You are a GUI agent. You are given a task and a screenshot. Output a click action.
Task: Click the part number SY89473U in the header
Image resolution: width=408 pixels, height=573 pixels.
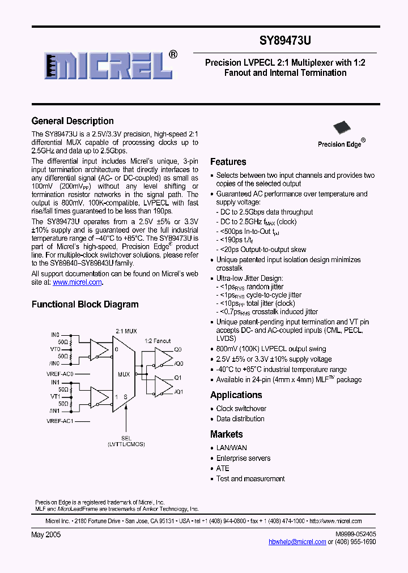click(x=285, y=41)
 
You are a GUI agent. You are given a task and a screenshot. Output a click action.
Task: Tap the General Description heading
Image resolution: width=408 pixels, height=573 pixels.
click(x=73, y=121)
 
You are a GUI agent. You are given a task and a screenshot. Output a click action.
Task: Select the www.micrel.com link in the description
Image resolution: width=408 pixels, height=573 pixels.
click(x=77, y=282)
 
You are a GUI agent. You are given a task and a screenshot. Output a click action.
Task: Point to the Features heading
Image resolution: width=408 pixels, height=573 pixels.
click(x=228, y=162)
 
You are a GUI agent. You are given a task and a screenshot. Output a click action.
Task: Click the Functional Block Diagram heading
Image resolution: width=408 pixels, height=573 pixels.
click(x=85, y=305)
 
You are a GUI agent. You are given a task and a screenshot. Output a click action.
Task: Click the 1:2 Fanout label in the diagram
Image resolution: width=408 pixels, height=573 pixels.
click(x=158, y=341)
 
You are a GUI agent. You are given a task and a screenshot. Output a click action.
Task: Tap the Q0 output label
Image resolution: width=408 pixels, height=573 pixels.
click(x=178, y=349)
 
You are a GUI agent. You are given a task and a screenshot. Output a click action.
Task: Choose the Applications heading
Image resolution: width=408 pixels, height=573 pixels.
click(x=236, y=395)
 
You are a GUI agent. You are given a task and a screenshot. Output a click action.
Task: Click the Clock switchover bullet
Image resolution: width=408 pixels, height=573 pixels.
click(x=241, y=409)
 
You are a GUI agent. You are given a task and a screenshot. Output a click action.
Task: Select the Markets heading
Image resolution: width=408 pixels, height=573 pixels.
click(x=227, y=434)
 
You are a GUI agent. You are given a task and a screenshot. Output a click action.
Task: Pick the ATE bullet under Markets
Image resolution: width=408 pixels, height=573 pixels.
click(x=223, y=469)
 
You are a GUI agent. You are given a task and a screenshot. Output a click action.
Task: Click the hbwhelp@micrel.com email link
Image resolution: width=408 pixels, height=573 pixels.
click(x=297, y=542)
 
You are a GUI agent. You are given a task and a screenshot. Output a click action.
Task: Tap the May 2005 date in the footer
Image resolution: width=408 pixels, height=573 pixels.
click(x=46, y=534)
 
